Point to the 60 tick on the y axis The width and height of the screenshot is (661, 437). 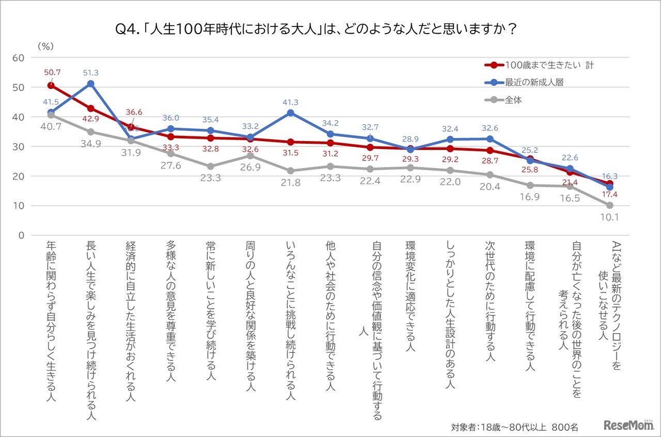18,58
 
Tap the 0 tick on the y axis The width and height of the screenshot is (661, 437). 21,235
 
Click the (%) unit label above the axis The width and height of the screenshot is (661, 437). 45,47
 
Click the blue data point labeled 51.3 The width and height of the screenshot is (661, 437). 91,84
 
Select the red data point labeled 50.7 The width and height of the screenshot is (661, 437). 51,85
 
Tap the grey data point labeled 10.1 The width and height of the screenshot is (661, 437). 609,205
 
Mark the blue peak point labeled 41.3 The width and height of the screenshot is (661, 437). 290,113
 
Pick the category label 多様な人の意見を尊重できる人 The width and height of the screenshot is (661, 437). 170,311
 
